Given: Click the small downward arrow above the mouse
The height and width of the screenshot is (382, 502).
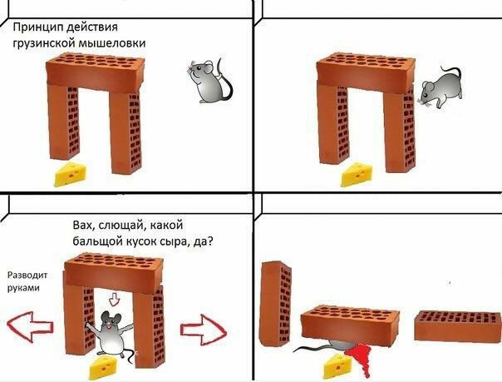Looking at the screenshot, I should click(114, 298).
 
